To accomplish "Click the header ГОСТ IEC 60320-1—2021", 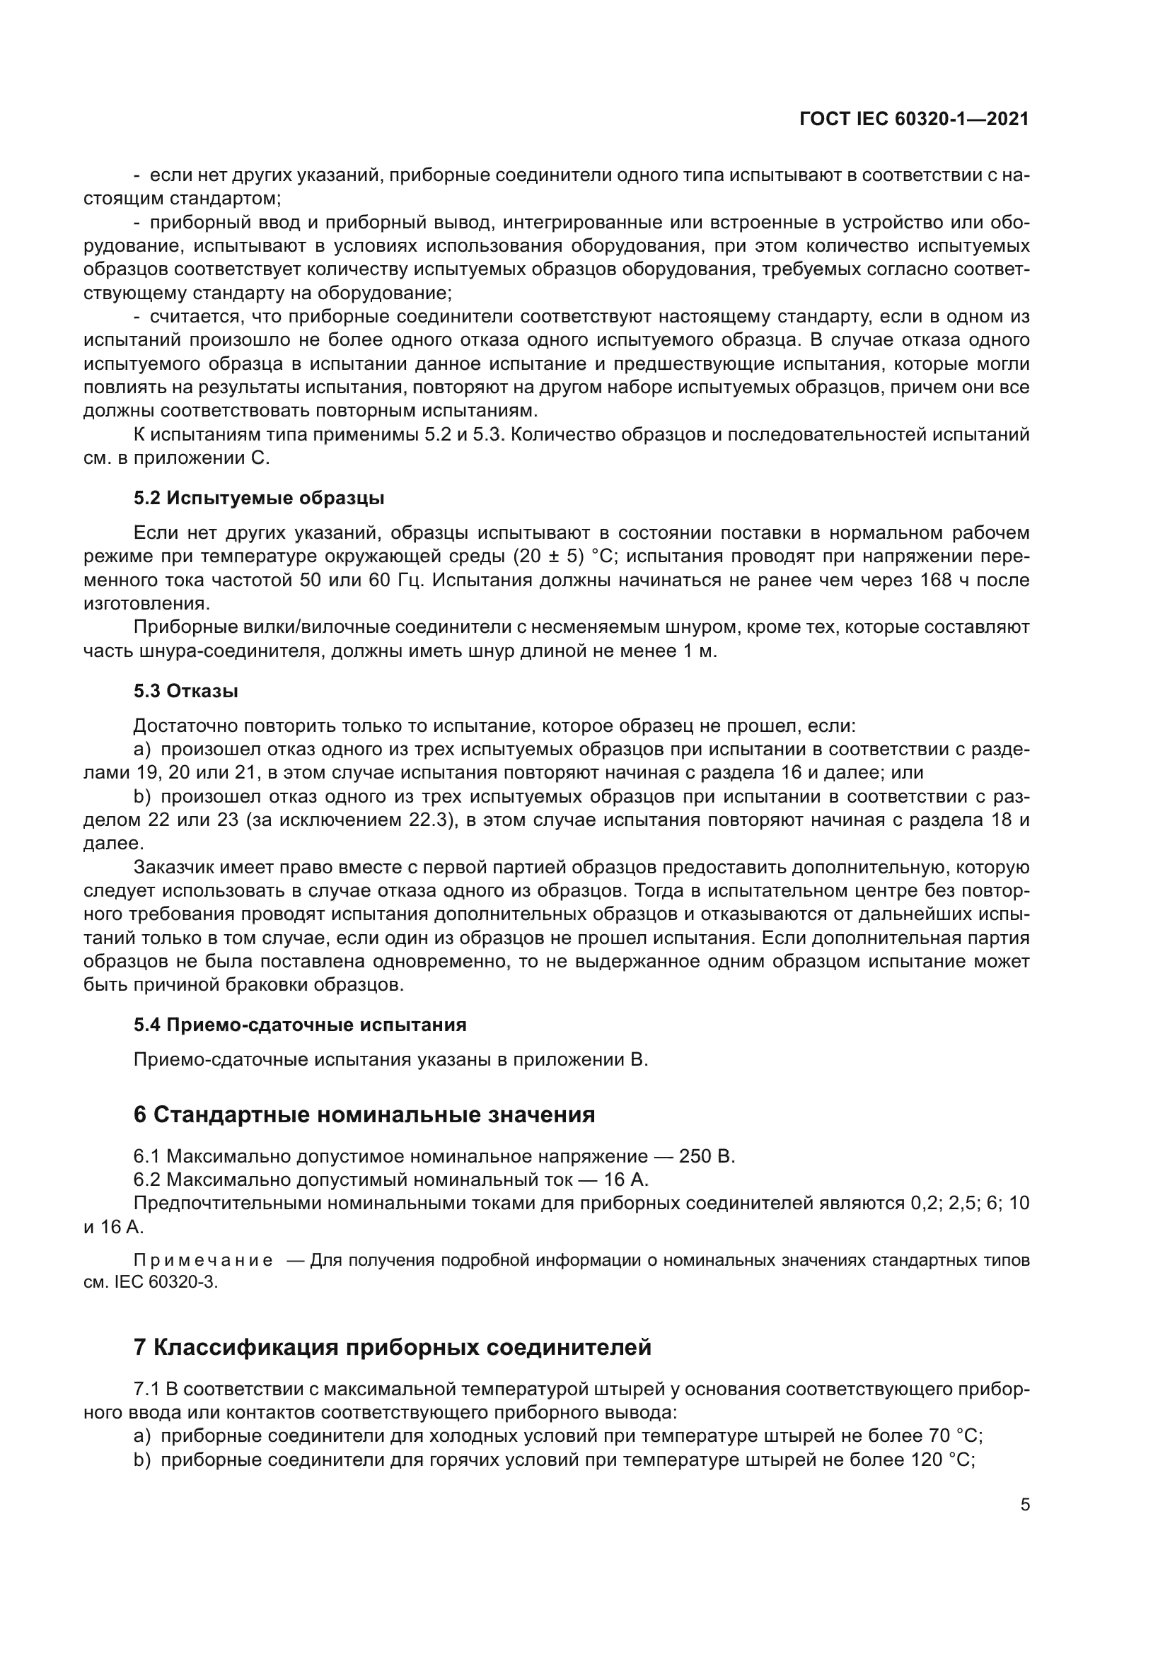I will pos(913,120).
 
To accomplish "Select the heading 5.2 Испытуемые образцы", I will pos(259,499).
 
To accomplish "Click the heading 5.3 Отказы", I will pos(186,691).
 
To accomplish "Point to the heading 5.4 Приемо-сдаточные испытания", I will pos(300,1025).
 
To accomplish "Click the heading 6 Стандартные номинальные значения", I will pos(364,1115).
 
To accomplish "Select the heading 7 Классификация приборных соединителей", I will pos(393,1346).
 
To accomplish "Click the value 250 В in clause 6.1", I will pos(707,1157).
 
